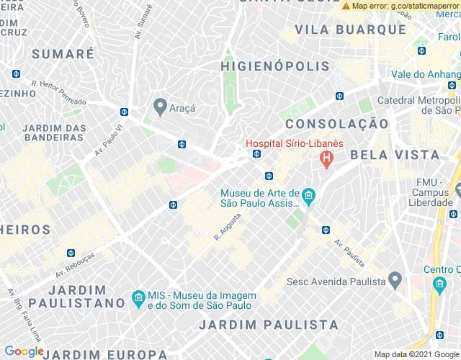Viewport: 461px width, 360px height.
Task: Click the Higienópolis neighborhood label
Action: pyautogui.click(x=275, y=66)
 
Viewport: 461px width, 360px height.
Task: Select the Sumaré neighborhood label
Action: pyautogui.click(x=63, y=54)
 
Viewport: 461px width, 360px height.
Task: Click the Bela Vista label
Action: pyautogui.click(x=395, y=155)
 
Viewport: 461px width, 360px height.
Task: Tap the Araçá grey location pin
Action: pyautogui.click(x=160, y=107)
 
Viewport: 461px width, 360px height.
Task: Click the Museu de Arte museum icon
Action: pyautogui.click(x=308, y=195)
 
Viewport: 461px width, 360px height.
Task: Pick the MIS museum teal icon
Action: pyautogui.click(x=138, y=298)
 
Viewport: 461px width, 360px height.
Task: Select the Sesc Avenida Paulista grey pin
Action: pyautogui.click(x=395, y=279)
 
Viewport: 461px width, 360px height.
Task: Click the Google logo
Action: pyautogui.click(x=24, y=351)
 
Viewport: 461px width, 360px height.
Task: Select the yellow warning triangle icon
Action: pyautogui.click(x=346, y=6)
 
